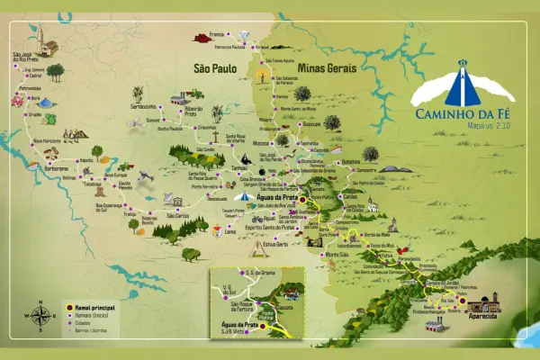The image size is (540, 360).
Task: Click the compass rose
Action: (41, 315)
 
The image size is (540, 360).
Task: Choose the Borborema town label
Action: (57, 167)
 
